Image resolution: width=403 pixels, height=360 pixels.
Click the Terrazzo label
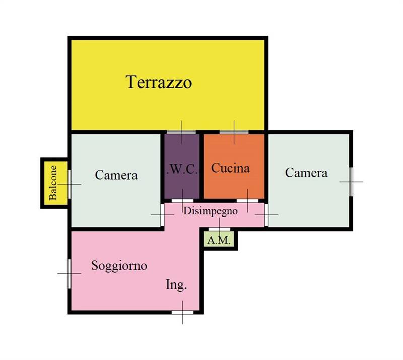click(x=159, y=82)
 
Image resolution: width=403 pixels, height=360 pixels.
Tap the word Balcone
click(x=53, y=183)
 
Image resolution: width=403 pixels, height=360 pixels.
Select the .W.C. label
click(x=182, y=170)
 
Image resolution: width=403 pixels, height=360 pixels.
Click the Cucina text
click(x=230, y=168)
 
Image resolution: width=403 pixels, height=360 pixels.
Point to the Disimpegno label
click(x=210, y=212)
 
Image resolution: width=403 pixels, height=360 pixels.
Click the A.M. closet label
click(x=219, y=240)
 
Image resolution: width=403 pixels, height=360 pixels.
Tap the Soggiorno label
click(x=119, y=266)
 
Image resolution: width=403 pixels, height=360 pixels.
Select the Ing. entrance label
click(x=176, y=285)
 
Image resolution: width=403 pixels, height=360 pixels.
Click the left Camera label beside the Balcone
click(x=116, y=175)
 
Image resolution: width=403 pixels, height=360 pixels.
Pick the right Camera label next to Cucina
click(x=306, y=173)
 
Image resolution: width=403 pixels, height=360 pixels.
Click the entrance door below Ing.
click(x=182, y=312)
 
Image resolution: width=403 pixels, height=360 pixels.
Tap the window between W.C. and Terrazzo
click(x=181, y=132)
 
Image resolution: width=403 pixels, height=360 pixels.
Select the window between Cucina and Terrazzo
click(x=234, y=132)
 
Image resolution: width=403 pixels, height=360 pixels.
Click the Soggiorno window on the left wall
click(x=69, y=274)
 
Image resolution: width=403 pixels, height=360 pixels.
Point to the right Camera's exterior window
click(x=351, y=182)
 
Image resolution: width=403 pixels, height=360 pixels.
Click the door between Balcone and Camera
click(x=69, y=184)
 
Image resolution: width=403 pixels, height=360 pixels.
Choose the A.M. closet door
click(x=219, y=229)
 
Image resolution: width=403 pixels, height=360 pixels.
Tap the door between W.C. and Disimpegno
click(x=182, y=201)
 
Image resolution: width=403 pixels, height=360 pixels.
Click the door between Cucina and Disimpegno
click(x=247, y=201)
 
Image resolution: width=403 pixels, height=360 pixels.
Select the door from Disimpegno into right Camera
click(x=266, y=215)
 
